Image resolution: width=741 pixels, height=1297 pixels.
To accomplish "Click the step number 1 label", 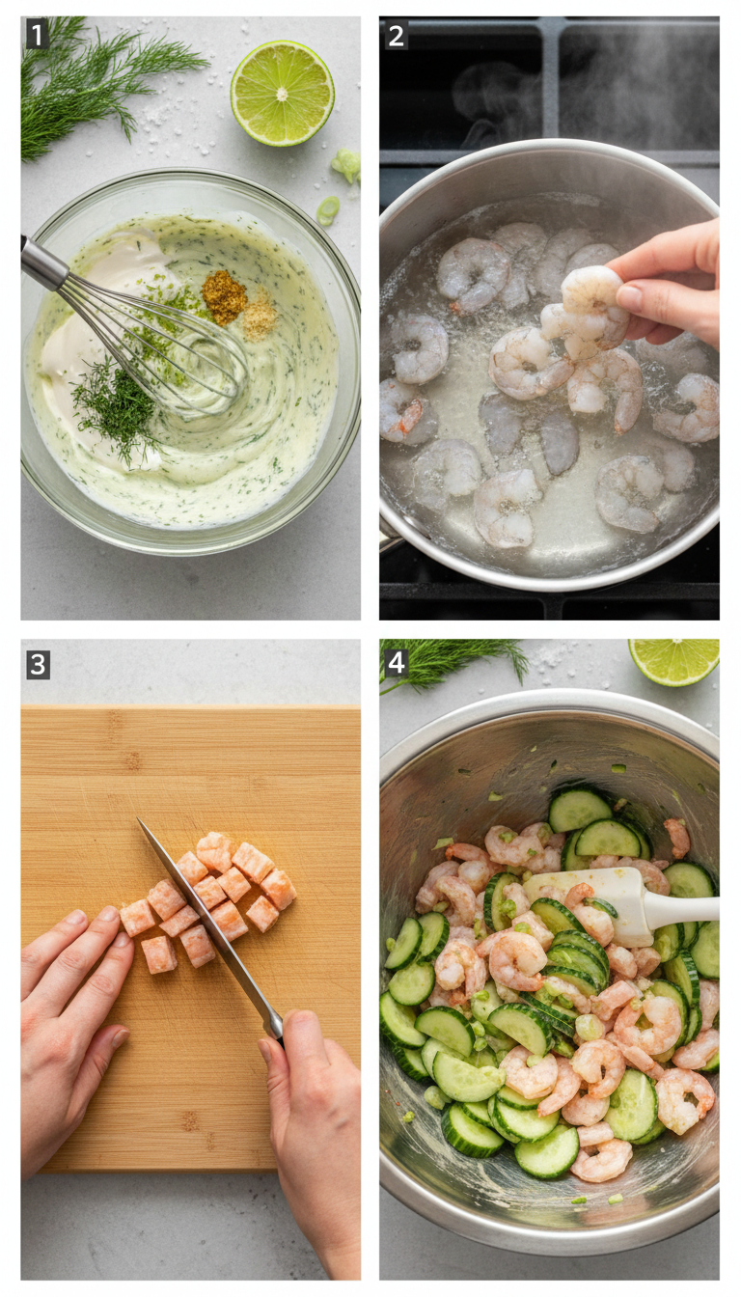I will point(37,35).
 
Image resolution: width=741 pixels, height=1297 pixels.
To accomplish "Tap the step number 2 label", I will point(396,35).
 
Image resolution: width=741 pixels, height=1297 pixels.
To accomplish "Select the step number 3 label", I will point(37,665).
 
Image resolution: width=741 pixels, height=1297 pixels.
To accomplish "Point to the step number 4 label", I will point(396,663).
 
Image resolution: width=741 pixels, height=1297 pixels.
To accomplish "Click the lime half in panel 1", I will point(282,94).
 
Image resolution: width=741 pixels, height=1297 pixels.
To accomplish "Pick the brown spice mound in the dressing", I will point(224,296).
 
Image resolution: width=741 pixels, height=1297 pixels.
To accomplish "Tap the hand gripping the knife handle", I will point(309,1110).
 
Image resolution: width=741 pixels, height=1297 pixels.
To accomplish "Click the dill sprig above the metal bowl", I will point(453,661).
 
